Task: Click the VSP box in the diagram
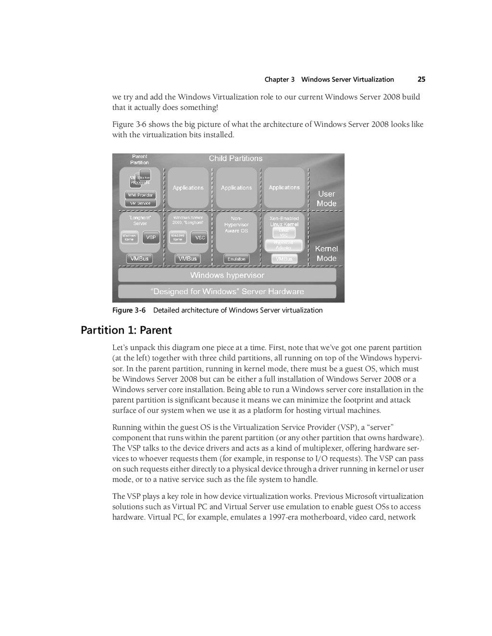coord(151,237)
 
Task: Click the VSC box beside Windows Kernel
coord(199,238)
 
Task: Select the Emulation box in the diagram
coord(236,259)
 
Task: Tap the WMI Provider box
coord(140,195)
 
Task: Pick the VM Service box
coord(140,203)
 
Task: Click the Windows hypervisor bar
coord(227,276)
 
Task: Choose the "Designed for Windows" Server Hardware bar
coord(227,291)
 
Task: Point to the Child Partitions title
coord(235,159)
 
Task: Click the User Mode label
coord(326,199)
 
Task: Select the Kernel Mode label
coord(326,253)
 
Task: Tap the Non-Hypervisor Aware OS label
coord(236,225)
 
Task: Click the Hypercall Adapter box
coord(284,245)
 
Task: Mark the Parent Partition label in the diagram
coord(139,159)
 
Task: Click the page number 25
coord(421,80)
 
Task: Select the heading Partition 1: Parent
coord(126,330)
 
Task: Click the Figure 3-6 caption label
coord(129,311)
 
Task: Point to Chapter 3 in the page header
coord(280,80)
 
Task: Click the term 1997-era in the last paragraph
coord(283,517)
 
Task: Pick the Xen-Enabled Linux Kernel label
coord(284,221)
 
